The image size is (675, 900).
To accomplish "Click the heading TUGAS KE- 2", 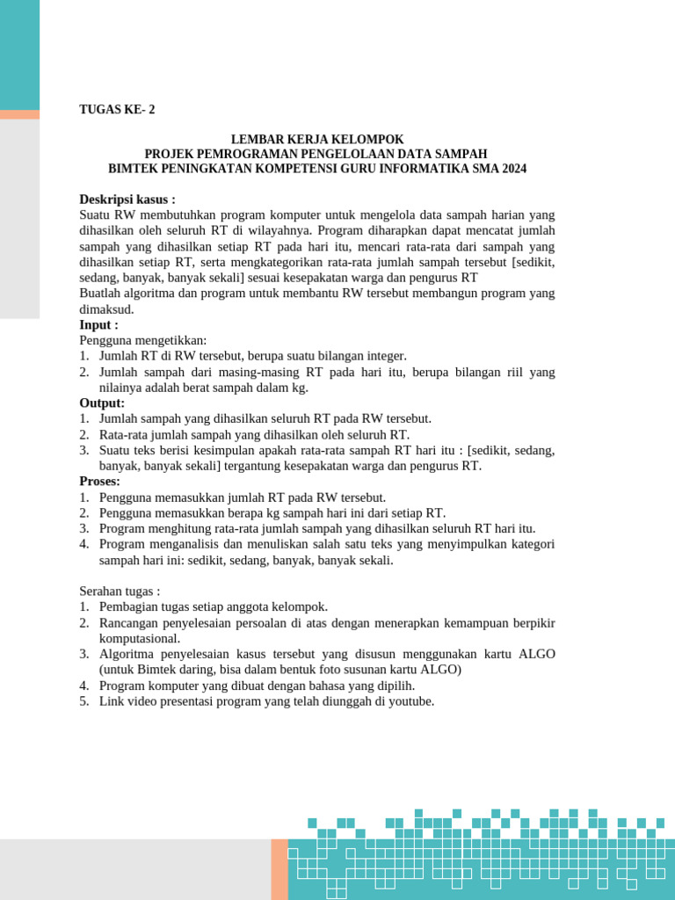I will coord(117,110).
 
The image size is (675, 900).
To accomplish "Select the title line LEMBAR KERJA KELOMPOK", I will coord(316,139).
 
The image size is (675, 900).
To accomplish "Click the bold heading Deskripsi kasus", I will coord(127,200).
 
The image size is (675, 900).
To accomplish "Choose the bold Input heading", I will coord(98,325).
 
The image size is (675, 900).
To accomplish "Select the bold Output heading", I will coord(102,403).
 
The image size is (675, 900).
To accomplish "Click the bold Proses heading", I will coord(100,482).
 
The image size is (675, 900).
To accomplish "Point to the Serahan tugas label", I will coord(120,591).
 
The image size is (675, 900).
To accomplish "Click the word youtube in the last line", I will coord(410,701).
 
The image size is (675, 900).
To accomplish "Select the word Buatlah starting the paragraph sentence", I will coord(101,294).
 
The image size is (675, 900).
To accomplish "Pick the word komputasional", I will coord(140,638).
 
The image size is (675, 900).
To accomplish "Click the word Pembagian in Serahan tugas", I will coord(128,606).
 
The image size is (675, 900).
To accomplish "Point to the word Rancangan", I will coord(129,622).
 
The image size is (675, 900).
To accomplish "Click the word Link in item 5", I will coord(111,701).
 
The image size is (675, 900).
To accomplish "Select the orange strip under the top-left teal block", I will coord(19,114).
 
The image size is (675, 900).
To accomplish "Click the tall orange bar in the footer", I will coord(279,868).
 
